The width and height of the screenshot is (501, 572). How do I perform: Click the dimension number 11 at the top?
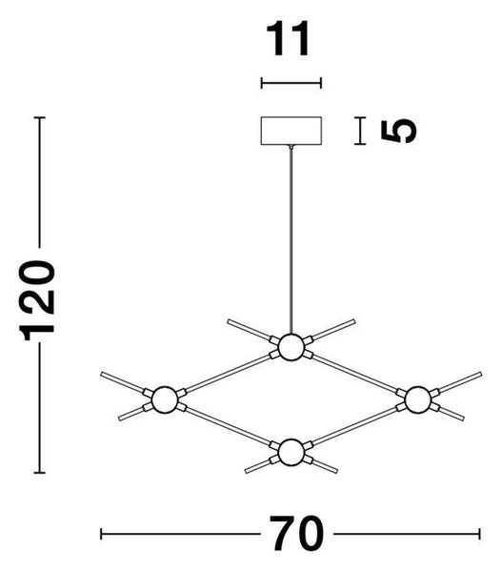coord(289,39)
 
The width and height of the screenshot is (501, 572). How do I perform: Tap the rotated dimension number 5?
coord(398,131)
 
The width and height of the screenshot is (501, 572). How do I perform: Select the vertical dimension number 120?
coord(37,300)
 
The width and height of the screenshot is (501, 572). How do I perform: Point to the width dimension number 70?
coord(296,533)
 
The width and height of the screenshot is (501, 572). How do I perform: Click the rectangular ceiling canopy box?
coord(291,131)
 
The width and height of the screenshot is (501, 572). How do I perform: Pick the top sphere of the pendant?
coord(291,347)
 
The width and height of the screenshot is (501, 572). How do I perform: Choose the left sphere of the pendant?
coord(165,399)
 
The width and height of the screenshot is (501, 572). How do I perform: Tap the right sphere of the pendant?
coord(417,399)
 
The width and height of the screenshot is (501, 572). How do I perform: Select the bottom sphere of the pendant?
coord(291,452)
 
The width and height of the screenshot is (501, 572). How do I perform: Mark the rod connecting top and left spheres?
coord(228,374)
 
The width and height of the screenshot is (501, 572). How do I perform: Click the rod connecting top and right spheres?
coord(354,374)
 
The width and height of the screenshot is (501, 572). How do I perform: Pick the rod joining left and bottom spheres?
coord(228,426)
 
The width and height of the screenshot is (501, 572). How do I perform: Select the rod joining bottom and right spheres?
coord(354,426)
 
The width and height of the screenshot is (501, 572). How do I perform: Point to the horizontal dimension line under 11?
coord(291,83)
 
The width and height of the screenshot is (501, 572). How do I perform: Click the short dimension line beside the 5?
coord(360,131)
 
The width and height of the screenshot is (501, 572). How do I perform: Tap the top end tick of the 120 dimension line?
coord(39,117)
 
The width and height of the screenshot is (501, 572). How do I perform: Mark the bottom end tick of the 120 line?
coord(39,473)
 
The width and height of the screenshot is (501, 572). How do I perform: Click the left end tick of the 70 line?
coord(101,534)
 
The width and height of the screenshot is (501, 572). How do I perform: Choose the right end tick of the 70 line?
coord(479,534)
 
